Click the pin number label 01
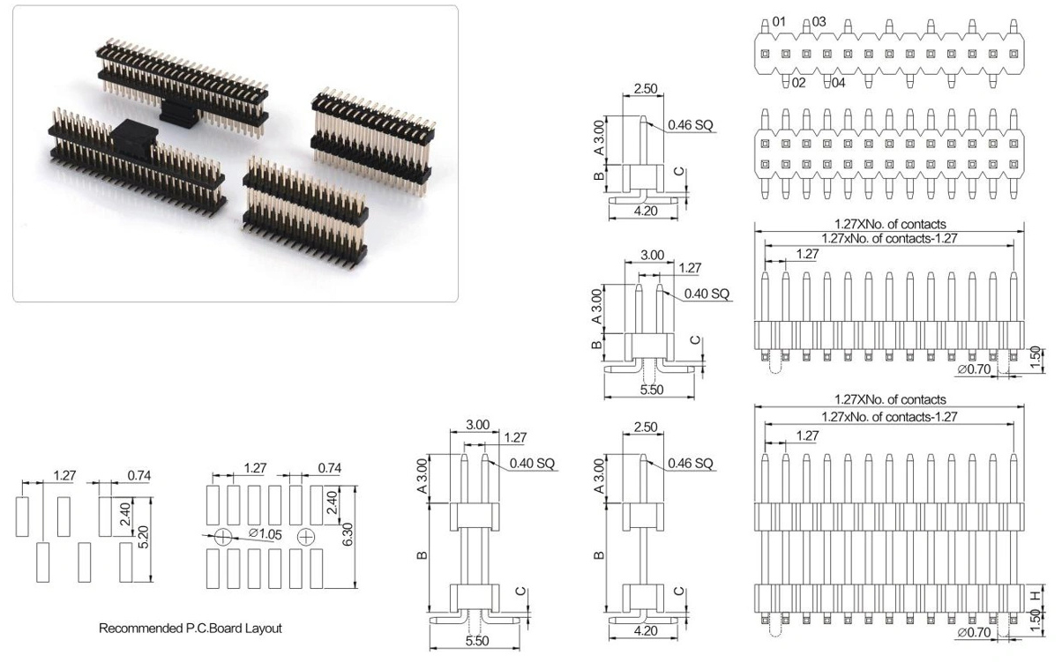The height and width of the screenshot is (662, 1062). pyautogui.click(x=779, y=22)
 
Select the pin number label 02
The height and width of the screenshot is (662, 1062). pyautogui.click(x=798, y=83)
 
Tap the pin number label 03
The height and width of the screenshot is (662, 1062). pyautogui.click(x=819, y=22)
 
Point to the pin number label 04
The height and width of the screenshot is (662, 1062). pyautogui.click(x=838, y=83)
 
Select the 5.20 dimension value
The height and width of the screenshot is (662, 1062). pyautogui.click(x=143, y=537)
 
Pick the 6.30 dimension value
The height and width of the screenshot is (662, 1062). pyautogui.click(x=348, y=534)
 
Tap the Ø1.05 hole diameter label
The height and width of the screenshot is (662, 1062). pyautogui.click(x=265, y=534)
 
